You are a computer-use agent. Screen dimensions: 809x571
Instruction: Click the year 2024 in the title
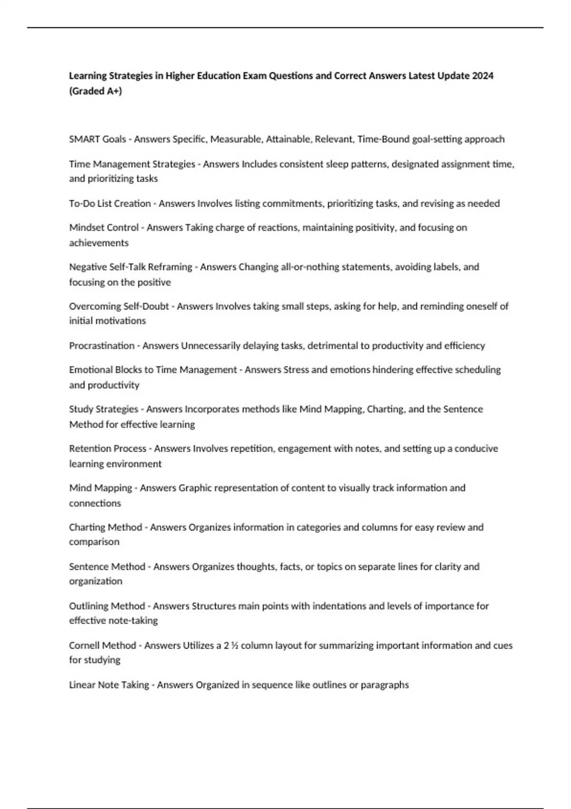point(482,76)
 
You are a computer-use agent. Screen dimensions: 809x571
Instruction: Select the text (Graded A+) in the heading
point(96,91)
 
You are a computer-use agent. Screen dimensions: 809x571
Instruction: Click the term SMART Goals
point(98,139)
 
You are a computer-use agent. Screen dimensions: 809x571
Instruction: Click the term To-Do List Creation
point(110,203)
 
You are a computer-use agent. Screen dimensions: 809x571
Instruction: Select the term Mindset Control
point(104,227)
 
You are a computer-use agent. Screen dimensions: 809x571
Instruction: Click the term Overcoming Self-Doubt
point(119,306)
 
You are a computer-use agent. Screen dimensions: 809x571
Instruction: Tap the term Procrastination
point(102,345)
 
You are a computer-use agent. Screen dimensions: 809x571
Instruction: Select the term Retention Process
point(108,448)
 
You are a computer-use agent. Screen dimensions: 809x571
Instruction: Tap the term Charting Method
point(106,527)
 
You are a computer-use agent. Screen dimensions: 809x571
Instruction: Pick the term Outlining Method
point(107,606)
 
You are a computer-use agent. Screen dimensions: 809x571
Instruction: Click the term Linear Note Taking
point(109,685)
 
